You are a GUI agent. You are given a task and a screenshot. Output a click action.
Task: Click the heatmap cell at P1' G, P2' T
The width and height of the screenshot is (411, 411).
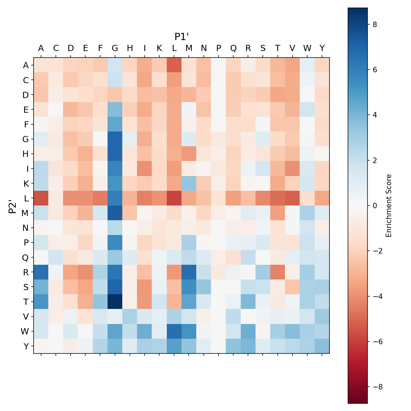[x=115, y=301]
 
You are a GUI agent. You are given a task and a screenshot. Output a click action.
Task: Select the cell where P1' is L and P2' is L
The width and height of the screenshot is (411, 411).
[x=174, y=198]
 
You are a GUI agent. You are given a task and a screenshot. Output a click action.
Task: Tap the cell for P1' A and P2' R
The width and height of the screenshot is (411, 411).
[x=41, y=272]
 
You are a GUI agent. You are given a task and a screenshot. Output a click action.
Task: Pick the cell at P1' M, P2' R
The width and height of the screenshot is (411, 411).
[x=189, y=272]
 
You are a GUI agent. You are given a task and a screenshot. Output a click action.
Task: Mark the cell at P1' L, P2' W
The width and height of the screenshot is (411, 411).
[x=174, y=331]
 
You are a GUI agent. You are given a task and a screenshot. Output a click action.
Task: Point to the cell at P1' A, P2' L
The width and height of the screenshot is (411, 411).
[x=41, y=198]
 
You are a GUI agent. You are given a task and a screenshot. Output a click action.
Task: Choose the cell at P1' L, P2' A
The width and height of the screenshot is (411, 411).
[x=174, y=65]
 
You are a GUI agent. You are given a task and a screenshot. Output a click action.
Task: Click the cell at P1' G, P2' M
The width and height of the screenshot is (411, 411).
[x=115, y=213]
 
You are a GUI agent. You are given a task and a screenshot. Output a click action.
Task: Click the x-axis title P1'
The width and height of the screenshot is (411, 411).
[x=182, y=37]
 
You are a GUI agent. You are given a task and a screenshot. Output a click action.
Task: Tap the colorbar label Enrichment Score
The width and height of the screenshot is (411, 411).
[x=388, y=206]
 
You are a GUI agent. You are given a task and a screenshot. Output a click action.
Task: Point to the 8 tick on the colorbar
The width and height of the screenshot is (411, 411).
[x=375, y=24]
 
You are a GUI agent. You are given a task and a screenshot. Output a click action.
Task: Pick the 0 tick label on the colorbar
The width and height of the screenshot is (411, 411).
[x=375, y=206]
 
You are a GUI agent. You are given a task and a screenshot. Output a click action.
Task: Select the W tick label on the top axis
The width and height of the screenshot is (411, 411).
[x=307, y=48]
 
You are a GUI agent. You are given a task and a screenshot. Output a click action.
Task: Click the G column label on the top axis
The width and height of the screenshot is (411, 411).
[x=115, y=48]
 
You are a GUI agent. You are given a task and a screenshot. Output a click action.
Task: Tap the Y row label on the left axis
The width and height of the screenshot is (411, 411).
[x=26, y=346]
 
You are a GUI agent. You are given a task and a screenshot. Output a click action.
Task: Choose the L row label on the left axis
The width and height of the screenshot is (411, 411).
[x=26, y=198]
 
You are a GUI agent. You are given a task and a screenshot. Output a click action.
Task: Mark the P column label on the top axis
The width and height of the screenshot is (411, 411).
[x=219, y=48]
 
